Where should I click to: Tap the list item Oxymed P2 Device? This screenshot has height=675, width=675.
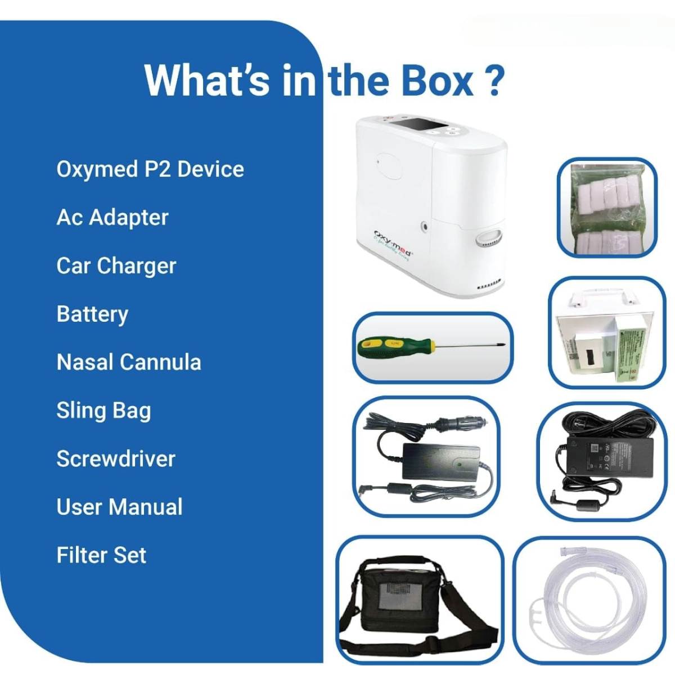coord(150,169)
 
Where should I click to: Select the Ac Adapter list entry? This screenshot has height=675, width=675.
coord(112,218)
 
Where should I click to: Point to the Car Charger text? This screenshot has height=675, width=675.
coord(116,266)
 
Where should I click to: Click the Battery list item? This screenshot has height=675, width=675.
coord(92,314)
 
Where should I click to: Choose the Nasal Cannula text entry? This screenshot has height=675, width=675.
coord(129,362)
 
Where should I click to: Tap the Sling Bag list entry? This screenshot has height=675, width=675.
coord(103,411)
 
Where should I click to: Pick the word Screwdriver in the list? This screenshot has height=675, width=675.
coord(116,459)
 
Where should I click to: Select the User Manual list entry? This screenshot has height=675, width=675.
coord(119,507)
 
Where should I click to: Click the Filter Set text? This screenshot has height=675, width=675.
coord(101,556)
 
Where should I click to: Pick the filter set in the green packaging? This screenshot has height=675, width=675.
coord(606,208)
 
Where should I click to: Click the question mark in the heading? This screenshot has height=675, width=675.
coord(492,80)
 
